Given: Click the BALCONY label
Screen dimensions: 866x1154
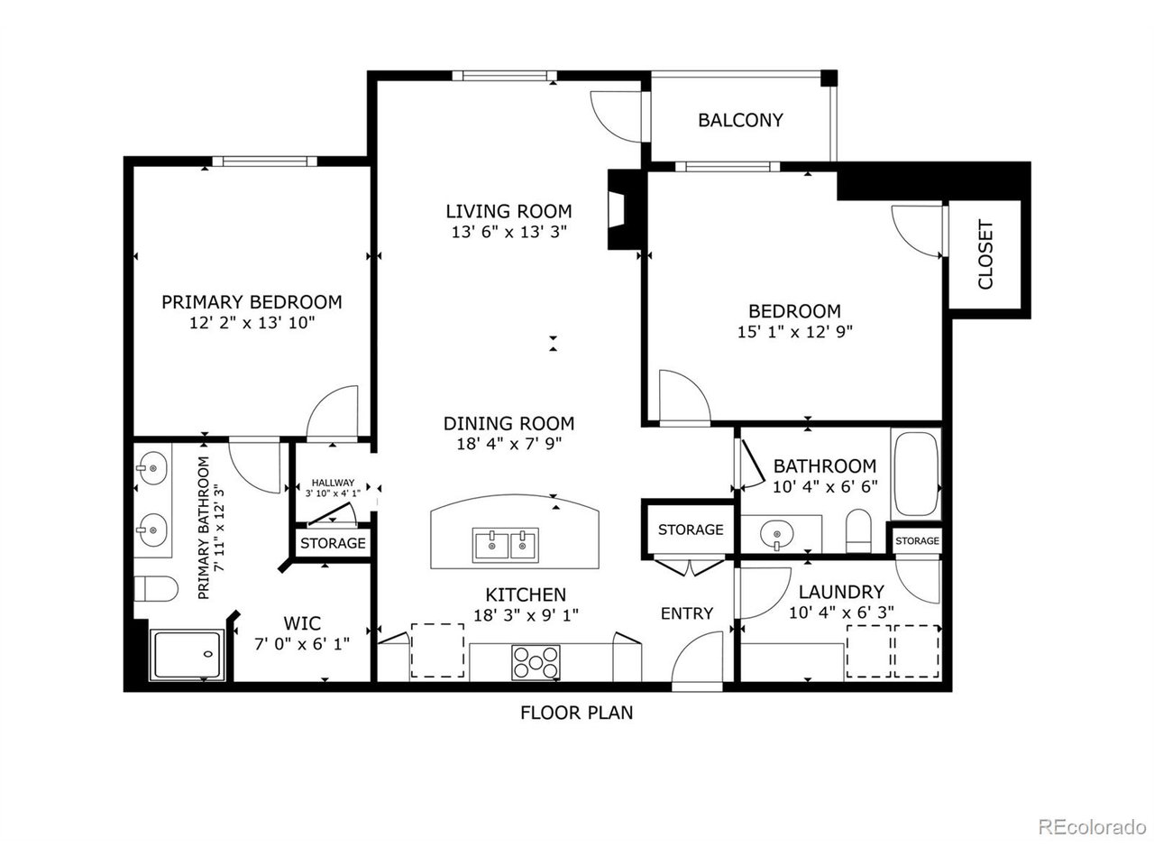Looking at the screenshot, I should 740,120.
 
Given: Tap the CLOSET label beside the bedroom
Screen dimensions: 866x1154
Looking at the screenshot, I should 985,255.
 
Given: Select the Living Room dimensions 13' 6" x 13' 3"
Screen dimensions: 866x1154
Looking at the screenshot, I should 508,232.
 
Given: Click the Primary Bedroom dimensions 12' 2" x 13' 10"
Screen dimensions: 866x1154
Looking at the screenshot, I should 252,322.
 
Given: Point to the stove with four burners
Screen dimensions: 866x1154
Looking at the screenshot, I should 536,662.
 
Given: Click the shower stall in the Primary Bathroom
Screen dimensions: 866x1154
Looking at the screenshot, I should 187,655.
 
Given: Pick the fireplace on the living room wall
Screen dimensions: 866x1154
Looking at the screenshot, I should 622,210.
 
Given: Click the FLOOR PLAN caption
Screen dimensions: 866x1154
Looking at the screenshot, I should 576,713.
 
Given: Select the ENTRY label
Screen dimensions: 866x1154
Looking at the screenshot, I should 686,613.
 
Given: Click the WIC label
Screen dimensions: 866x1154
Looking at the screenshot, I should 301,623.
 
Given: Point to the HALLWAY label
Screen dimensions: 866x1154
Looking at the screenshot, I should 333,483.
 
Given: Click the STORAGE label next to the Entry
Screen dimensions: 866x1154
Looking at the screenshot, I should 690,530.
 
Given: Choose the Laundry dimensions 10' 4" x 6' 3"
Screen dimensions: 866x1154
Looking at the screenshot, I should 840,613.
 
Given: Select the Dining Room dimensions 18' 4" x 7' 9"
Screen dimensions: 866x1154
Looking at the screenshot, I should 508,444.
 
